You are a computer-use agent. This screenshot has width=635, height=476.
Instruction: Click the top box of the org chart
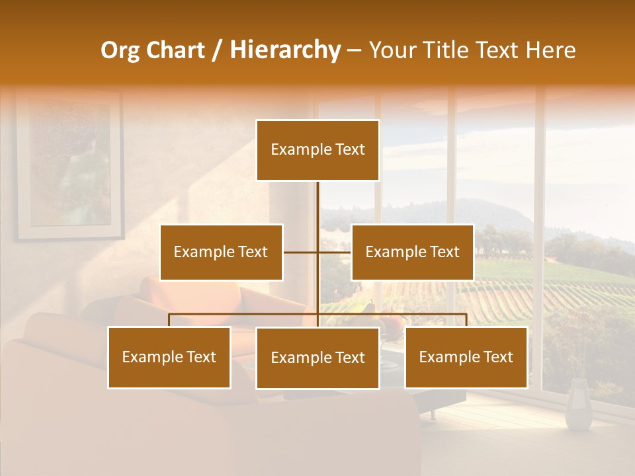tap(317, 150)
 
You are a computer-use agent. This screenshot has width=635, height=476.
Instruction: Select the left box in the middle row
tap(221, 252)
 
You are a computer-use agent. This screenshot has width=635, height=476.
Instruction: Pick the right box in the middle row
tap(412, 252)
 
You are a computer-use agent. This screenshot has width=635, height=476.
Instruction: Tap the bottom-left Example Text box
tap(169, 357)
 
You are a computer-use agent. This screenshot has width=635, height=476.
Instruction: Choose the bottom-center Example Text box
tap(317, 358)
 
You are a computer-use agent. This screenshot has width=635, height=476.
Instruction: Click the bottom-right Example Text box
tap(466, 357)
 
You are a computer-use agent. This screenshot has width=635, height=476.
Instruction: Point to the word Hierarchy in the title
tap(284, 50)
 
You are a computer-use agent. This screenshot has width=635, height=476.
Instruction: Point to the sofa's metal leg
tap(433, 414)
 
